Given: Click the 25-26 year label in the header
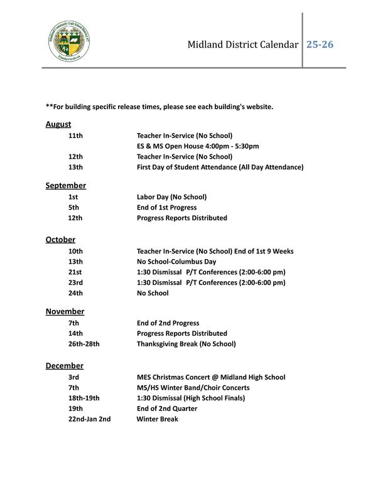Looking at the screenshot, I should tap(320, 45).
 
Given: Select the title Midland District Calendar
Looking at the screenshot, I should tap(242, 45).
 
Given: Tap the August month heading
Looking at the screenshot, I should tap(58, 124).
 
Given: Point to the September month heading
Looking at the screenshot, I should tap(65, 186).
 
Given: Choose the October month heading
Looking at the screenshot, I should tap(60, 240).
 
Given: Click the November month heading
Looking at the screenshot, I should tap(65, 311).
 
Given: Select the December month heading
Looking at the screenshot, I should tap(64, 366).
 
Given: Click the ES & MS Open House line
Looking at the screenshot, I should tap(198, 146).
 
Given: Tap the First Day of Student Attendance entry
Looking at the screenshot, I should tap(220, 167).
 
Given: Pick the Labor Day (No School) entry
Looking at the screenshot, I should tap(171, 197).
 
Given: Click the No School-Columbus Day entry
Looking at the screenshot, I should tap(176, 262).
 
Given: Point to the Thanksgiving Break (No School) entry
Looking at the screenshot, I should tap(186, 344).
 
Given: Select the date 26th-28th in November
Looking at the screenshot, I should tap(84, 344).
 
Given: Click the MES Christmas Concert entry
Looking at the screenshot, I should tap(211, 377).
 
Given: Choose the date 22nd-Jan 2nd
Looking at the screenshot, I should tap(89, 419).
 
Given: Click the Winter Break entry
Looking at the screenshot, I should tap(158, 419).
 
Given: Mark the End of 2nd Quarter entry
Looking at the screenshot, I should tap(167, 409).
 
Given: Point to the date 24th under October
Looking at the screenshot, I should tap(75, 293).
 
